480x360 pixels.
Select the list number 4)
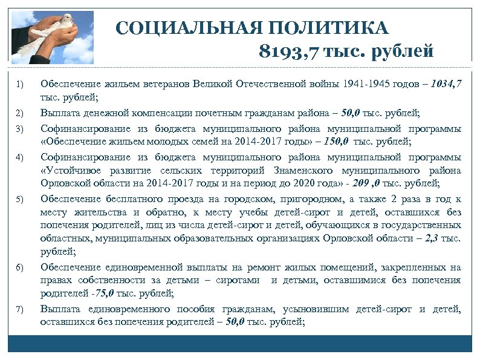pos(20,158)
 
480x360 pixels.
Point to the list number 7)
pos(20,310)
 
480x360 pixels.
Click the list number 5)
pos(20,200)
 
